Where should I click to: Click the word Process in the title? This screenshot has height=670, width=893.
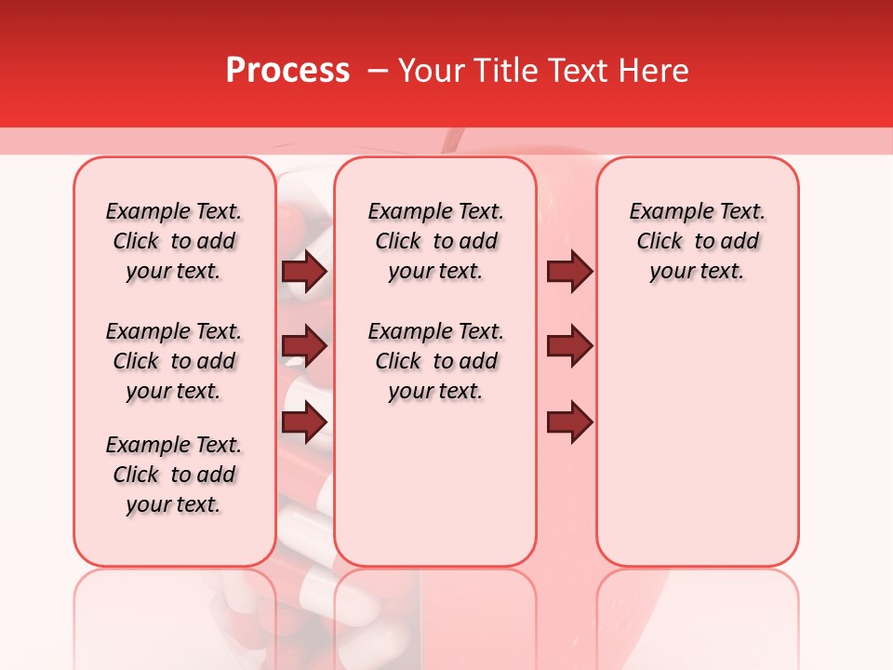click(x=287, y=71)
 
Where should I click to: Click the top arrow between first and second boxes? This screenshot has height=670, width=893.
click(x=304, y=271)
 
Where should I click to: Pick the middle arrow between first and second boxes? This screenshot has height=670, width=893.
click(x=304, y=347)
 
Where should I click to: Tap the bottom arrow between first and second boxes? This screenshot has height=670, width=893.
click(x=304, y=422)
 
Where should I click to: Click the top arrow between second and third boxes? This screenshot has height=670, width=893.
click(x=569, y=271)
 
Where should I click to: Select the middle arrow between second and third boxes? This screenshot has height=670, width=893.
click(x=569, y=347)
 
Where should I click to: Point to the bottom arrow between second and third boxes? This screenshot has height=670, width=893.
click(x=569, y=422)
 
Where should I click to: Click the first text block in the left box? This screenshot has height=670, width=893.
click(x=174, y=241)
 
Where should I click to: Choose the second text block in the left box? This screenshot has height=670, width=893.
click(x=174, y=361)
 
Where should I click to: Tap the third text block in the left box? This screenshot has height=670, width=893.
click(x=174, y=475)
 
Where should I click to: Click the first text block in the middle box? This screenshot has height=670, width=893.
click(x=435, y=241)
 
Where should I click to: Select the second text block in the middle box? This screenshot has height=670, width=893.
click(x=435, y=361)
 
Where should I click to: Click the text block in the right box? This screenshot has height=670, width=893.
click(x=698, y=241)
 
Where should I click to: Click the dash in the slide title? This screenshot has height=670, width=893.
click(x=378, y=71)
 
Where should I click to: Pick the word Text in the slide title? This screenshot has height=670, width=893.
click(x=579, y=71)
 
